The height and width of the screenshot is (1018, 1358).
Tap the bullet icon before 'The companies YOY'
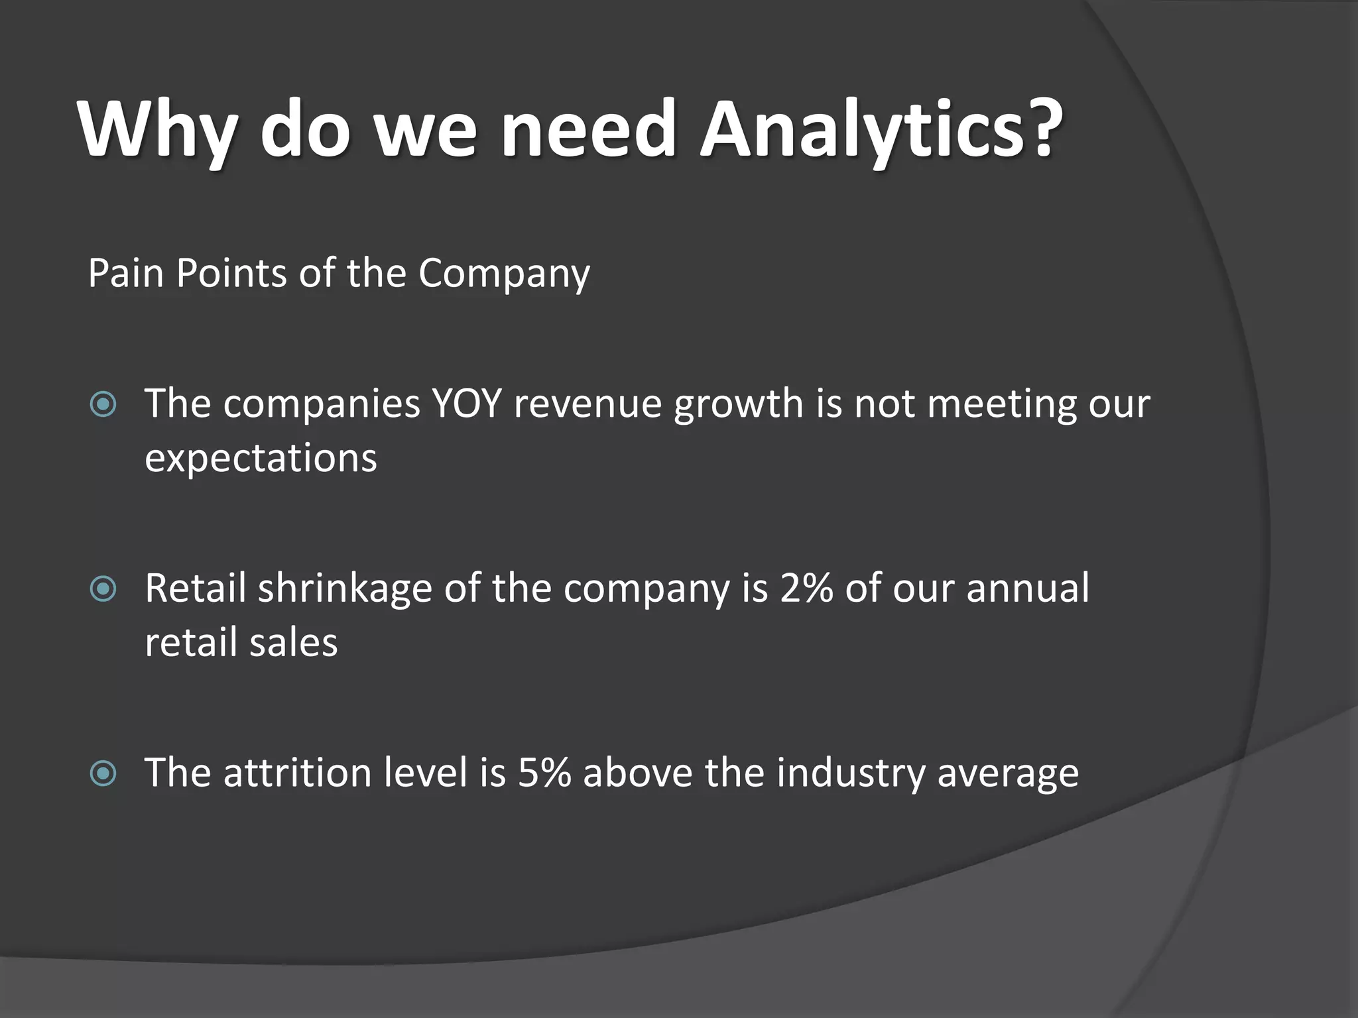[103, 404]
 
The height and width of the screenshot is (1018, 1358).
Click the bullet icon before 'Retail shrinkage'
[103, 589]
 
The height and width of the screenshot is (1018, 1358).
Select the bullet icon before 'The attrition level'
[103, 773]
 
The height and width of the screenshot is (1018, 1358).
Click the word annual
[1027, 588]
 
